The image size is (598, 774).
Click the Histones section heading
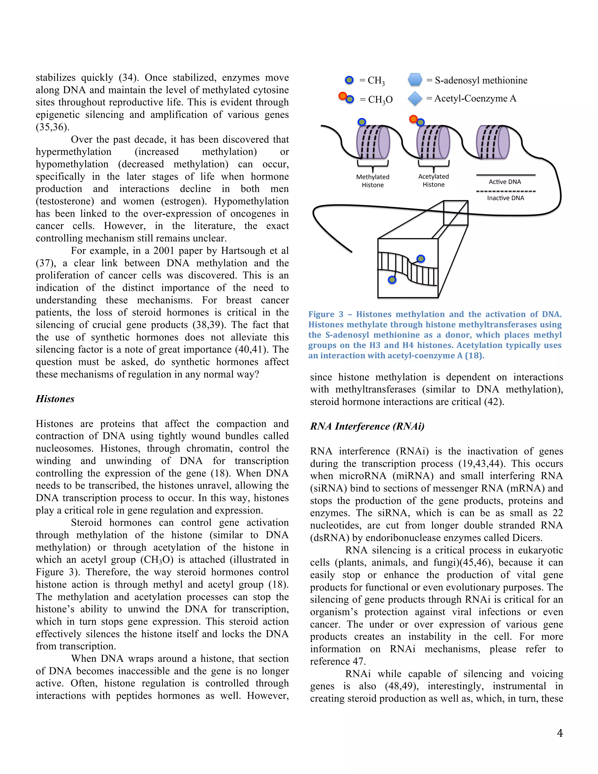point(55,399)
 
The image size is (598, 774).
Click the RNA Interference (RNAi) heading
point(367,426)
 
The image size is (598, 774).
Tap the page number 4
point(560,733)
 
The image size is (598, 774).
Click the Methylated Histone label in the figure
point(372,181)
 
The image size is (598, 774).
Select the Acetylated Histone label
point(433,181)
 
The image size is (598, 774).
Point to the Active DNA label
point(505,182)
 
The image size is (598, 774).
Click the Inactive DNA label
point(505,198)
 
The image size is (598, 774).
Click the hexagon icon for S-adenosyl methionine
point(415,80)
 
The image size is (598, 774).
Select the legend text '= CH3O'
point(376,100)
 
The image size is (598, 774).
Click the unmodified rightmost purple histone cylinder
point(493,142)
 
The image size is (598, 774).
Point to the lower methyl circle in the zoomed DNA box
point(392,280)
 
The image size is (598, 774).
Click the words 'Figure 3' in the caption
point(326,314)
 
